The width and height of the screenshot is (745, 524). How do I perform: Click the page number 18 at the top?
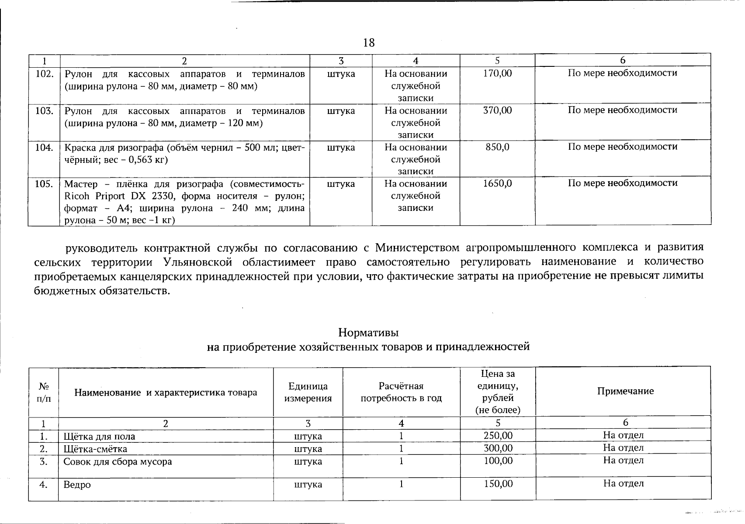[x=369, y=43]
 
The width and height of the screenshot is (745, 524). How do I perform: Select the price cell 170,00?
[x=497, y=73]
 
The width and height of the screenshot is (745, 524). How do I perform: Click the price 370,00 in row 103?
[x=497, y=110]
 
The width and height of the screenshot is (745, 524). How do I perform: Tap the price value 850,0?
[x=497, y=147]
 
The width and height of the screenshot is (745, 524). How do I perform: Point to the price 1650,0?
[x=497, y=183]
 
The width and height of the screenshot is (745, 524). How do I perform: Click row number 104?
[x=44, y=148]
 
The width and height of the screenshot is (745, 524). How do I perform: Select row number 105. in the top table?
[x=44, y=184]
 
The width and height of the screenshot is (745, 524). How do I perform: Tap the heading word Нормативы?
[x=368, y=333]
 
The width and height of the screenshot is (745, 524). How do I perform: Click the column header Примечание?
[x=625, y=391]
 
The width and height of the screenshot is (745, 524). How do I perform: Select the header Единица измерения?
[x=308, y=392]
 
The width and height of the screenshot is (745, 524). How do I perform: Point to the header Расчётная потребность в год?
[x=401, y=392]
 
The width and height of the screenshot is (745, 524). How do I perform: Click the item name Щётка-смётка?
[x=95, y=449]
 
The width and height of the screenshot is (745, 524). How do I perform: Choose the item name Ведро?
[x=77, y=485]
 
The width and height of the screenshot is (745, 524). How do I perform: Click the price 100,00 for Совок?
[x=498, y=461]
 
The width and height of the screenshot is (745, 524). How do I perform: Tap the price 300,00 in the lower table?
[x=498, y=448]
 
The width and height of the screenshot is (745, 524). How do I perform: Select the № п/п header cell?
[x=44, y=392]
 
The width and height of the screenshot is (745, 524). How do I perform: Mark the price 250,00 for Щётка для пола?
[x=498, y=435]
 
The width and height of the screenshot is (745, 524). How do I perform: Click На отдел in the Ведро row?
[x=624, y=483]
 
